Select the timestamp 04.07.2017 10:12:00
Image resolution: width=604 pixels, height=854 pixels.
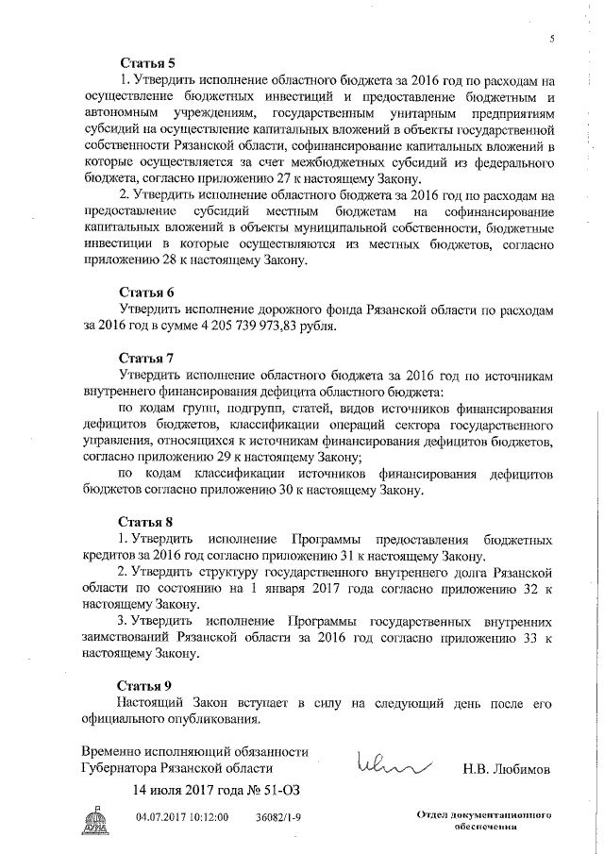tap(182, 816)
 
